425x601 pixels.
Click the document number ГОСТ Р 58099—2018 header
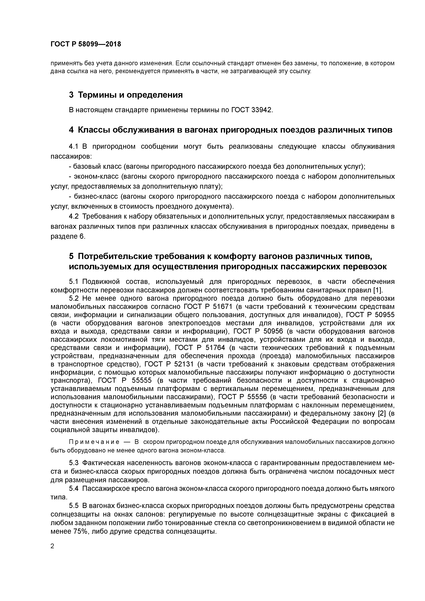point(86,44)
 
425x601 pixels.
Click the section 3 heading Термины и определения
point(126,95)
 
